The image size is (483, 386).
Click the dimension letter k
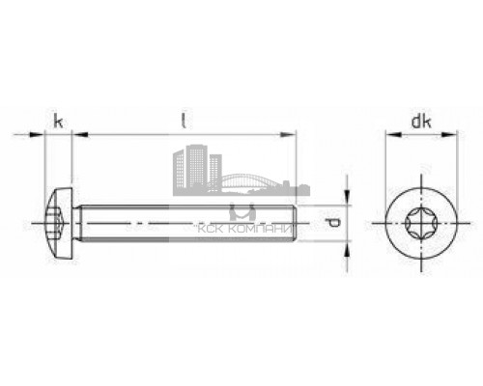[x=59, y=122]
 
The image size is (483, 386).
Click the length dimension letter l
[x=184, y=121]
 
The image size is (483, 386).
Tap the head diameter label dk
[x=419, y=122]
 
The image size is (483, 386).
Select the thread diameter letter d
[x=333, y=226]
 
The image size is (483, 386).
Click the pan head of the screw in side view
[x=58, y=226]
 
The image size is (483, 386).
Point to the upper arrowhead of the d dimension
[x=347, y=201]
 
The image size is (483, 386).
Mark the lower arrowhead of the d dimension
[x=347, y=250]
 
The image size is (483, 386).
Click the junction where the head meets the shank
[x=74, y=226]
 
